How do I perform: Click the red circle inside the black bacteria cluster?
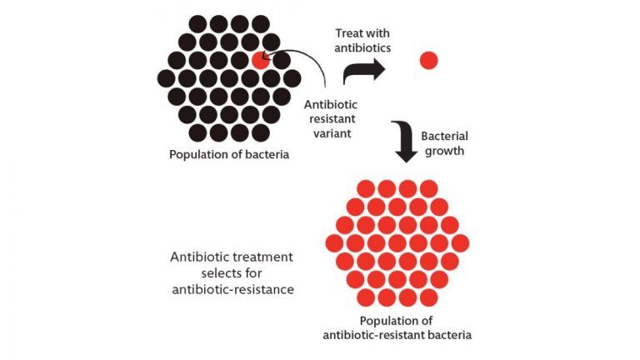coord(260,60)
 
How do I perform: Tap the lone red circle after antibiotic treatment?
coord(428,60)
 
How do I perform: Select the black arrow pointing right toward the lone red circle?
coord(363,71)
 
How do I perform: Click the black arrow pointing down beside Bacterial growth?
coord(404,141)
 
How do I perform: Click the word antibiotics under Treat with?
coord(362,47)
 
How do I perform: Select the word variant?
coord(332,133)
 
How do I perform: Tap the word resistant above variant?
coord(332,119)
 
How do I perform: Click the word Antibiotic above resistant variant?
coord(331,104)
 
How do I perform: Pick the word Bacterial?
coord(444,136)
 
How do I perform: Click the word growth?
coord(444,151)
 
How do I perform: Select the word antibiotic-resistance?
coord(233,289)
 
